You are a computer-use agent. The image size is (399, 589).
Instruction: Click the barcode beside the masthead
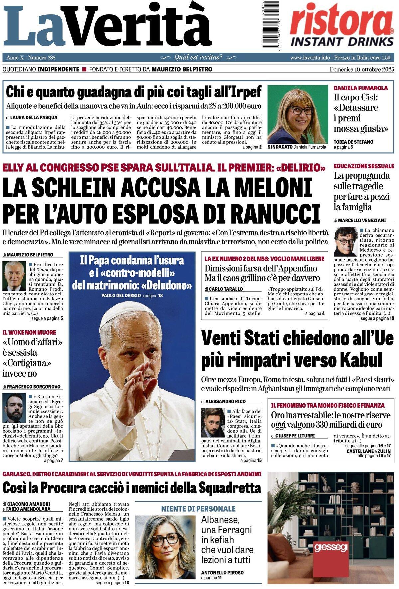click(265, 25)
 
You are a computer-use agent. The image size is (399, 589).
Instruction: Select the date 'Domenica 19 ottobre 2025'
click(362, 69)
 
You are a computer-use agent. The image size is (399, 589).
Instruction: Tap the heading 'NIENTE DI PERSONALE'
click(198, 509)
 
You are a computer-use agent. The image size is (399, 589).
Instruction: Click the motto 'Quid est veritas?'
click(199, 57)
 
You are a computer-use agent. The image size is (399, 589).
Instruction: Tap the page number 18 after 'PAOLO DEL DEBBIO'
click(160, 295)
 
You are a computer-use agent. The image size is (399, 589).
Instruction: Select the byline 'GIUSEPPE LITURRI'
click(295, 436)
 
